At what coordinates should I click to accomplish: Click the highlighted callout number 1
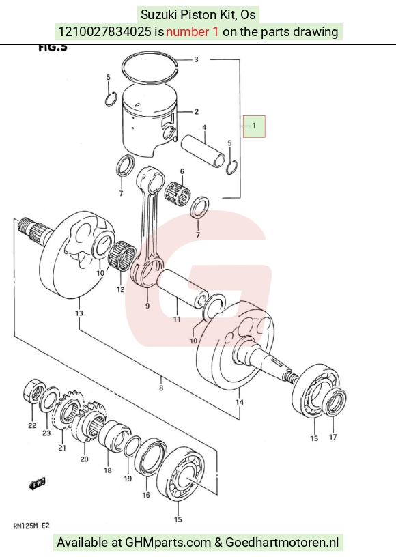[254, 126]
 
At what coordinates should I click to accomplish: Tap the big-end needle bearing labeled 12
[122, 255]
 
